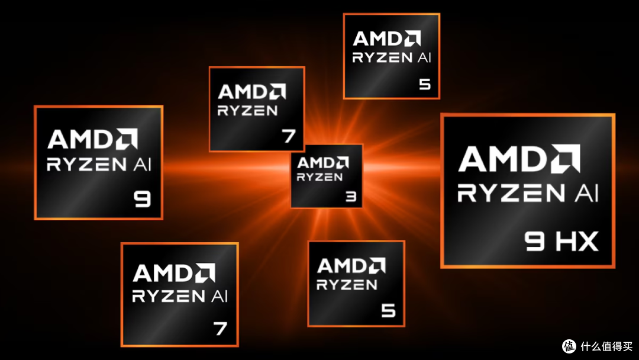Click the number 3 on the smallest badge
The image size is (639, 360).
(x=351, y=197)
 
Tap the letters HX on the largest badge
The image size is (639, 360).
(x=577, y=241)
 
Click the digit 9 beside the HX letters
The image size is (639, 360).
(x=534, y=241)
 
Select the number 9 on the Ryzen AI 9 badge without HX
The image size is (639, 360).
(x=142, y=200)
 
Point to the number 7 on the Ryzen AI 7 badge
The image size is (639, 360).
(x=221, y=329)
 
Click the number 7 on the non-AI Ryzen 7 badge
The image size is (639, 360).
(x=289, y=136)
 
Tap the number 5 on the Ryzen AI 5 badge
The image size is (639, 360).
(x=425, y=85)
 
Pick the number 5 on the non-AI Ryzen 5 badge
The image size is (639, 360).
(x=388, y=311)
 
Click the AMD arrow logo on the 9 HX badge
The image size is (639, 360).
(x=565, y=159)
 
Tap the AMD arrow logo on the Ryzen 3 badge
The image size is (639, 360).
(x=341, y=163)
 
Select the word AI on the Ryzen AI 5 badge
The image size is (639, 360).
(x=424, y=57)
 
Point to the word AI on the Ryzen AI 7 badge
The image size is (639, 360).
(x=220, y=296)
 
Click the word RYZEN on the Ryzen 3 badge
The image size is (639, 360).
(x=319, y=177)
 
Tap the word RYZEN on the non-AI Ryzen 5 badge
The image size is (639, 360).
(x=347, y=285)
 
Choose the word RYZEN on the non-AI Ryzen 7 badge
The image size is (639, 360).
(x=247, y=111)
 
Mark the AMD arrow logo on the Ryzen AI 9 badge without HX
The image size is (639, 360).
(x=127, y=139)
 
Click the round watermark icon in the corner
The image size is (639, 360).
(x=569, y=346)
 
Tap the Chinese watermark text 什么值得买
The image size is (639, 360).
(x=606, y=346)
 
